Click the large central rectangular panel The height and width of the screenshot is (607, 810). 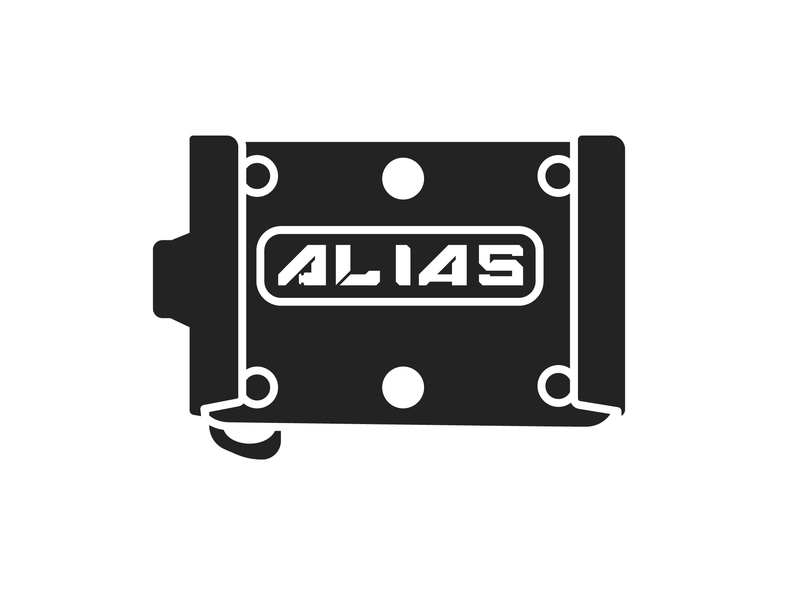407,272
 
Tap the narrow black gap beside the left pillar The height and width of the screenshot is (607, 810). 242,272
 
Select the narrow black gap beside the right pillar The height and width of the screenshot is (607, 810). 574,272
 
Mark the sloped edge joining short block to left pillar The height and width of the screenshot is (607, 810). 180,237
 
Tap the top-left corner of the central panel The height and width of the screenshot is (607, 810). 246,143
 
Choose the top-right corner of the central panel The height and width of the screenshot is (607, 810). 569,143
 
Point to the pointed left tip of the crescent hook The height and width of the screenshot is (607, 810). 211,427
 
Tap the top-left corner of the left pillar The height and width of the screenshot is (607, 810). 191,137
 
